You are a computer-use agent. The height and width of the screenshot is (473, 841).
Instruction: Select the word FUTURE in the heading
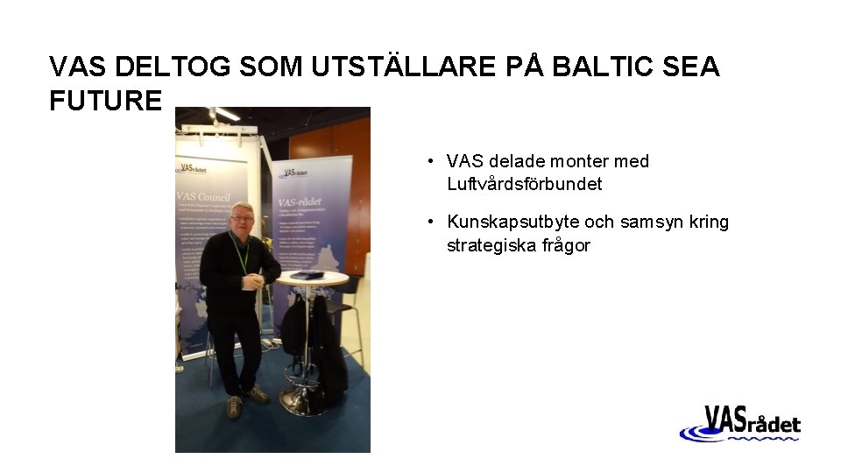point(105,101)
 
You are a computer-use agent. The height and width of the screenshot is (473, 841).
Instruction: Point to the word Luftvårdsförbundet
point(524,184)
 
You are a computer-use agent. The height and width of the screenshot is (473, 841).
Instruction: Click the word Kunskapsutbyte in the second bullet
point(505,222)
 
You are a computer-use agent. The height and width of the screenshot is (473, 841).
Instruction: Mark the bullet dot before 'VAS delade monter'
point(432,162)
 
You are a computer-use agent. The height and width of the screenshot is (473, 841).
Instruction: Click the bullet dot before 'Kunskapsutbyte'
point(432,222)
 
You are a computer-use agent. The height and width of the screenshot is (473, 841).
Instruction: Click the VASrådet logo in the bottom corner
point(740,425)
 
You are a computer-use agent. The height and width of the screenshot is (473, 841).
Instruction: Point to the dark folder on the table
point(307,274)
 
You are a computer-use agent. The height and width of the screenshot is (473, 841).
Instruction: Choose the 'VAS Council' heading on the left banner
point(204,196)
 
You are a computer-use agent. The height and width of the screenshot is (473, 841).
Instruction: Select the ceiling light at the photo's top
point(225,114)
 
